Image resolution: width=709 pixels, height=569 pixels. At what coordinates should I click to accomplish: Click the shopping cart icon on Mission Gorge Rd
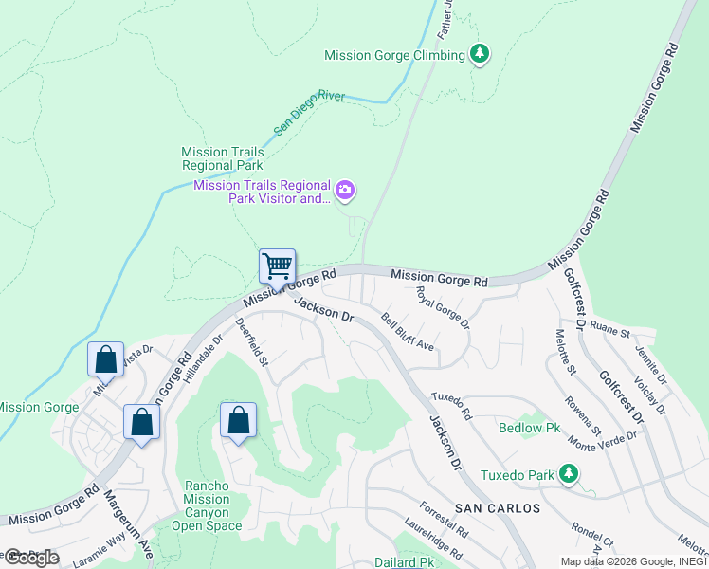click(x=277, y=266)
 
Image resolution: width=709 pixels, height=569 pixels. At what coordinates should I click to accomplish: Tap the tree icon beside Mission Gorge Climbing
click(x=481, y=54)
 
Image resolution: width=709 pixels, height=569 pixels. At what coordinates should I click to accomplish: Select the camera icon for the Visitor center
click(x=345, y=192)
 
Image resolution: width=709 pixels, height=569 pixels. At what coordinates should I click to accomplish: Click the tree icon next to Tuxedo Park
click(x=568, y=472)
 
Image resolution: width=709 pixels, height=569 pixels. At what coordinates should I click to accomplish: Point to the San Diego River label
click(x=310, y=112)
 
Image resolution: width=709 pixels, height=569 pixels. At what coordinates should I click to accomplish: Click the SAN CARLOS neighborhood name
click(x=498, y=508)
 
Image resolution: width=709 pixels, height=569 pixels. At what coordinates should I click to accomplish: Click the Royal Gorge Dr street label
click(x=444, y=308)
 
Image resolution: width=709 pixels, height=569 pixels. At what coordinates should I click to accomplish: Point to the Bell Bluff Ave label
click(x=409, y=333)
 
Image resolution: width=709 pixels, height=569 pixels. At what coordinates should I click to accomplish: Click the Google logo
click(x=30, y=557)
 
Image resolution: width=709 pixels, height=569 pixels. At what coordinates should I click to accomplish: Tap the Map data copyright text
click(x=633, y=560)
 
